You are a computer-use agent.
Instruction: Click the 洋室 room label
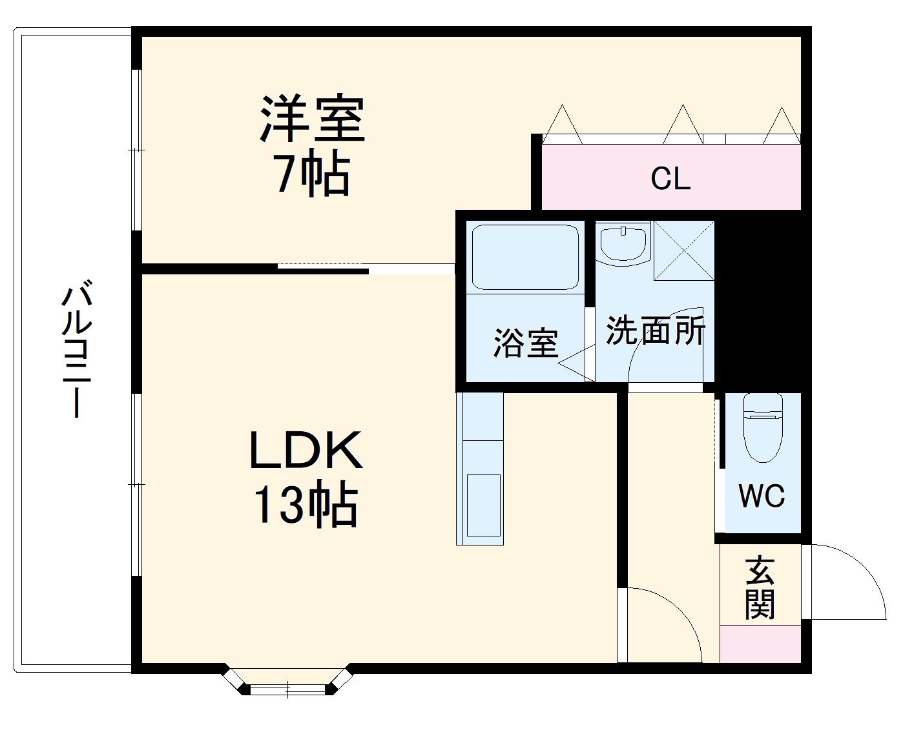pos(313,119)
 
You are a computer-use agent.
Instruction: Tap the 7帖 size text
pos(313,173)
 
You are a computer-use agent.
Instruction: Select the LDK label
pos(306,450)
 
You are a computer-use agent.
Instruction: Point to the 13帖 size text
pos(306,505)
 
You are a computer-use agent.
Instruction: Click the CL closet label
pos(670,178)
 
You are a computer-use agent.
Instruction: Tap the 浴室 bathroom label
pos(526,343)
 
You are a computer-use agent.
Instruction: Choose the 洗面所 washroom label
pos(655,331)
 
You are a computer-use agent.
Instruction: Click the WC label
pos(762,496)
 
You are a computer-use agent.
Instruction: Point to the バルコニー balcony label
pos(76,349)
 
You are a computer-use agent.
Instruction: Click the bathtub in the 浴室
pos(524,256)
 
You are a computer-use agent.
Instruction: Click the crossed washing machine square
pos(684,250)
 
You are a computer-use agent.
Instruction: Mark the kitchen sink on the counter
pos(483,505)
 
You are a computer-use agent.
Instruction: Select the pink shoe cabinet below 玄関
pos(760,644)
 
